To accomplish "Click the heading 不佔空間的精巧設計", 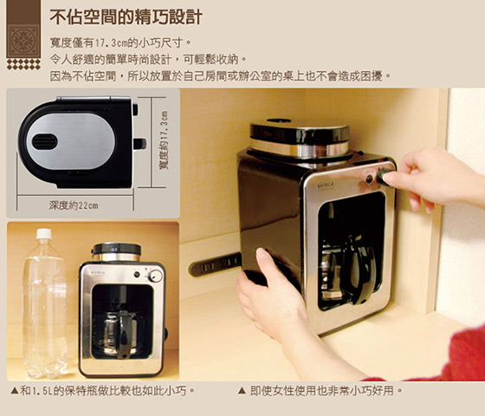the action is click(126, 16).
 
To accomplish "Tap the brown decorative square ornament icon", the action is click(23, 42).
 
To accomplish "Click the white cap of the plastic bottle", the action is click(44, 234).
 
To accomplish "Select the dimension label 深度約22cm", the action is click(74, 205).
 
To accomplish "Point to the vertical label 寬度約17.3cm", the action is click(164, 140).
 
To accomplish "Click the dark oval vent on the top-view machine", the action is click(44, 141).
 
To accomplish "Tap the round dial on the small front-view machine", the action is click(155, 276).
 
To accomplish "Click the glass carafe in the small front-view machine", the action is click(120, 334).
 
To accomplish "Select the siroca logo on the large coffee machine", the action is click(326, 185).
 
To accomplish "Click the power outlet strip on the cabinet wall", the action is click(215, 264).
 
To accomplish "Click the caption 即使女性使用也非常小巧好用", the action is click(320, 391).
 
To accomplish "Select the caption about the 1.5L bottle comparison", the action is click(103, 391).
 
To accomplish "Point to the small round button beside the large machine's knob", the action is click(369, 179).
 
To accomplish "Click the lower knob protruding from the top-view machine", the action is click(139, 144).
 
